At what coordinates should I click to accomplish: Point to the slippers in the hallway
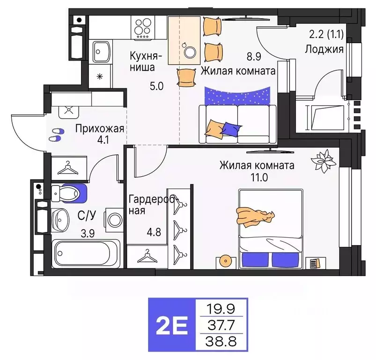point(57,135)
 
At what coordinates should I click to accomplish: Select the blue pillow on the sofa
point(230,127)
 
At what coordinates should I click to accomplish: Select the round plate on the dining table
point(190,52)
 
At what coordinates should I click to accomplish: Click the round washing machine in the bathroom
point(114,220)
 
